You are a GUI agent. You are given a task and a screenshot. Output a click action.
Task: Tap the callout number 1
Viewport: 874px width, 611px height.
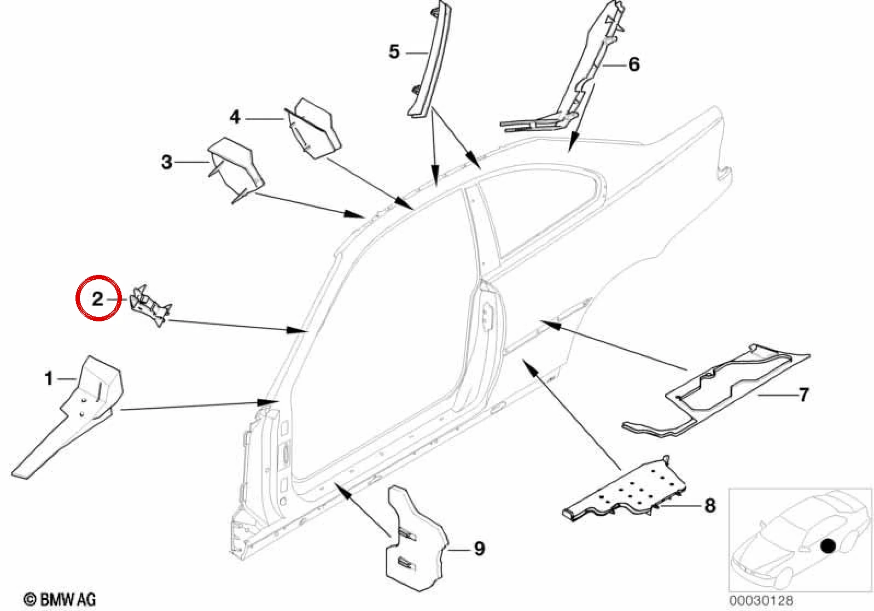click(49, 378)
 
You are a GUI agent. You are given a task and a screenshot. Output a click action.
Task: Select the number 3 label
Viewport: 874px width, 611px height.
click(167, 162)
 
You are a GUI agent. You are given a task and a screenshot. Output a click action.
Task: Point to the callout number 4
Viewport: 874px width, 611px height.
click(235, 117)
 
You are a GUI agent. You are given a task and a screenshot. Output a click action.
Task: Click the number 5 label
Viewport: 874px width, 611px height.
click(394, 51)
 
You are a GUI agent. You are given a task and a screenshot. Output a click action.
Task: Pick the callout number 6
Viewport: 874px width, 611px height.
click(634, 64)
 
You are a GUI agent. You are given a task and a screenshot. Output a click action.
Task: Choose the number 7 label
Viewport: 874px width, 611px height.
click(804, 395)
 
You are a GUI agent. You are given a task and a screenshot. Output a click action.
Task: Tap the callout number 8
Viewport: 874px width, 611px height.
click(710, 506)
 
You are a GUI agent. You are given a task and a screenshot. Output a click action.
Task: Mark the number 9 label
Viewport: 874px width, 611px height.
click(479, 549)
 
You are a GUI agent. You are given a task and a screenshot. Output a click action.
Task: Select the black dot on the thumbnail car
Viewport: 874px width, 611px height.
click(828, 546)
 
